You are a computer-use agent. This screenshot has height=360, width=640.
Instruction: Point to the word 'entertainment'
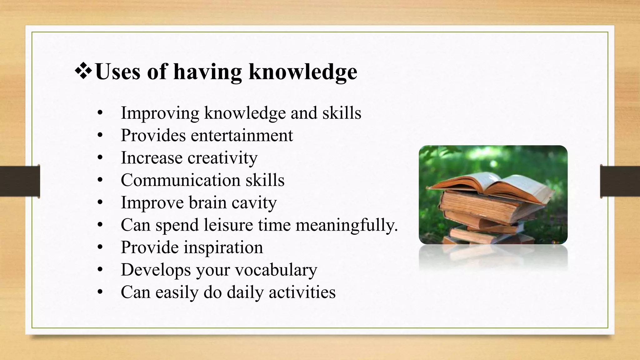242,135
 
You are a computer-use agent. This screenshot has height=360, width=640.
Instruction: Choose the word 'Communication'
180,180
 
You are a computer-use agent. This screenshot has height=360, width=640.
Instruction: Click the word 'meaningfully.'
347,225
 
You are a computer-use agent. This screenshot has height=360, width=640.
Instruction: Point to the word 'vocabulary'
276,270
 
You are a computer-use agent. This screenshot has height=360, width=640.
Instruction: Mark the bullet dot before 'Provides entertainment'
100,136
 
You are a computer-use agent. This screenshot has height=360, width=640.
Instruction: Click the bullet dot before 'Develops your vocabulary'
100,270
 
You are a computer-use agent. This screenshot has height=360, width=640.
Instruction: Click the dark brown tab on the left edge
20,182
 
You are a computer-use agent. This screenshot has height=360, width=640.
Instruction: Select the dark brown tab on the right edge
620,182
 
